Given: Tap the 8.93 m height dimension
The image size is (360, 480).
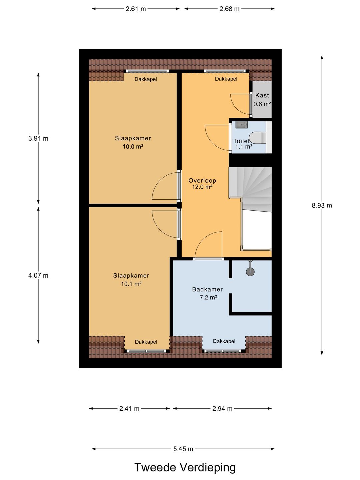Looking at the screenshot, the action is [322, 205].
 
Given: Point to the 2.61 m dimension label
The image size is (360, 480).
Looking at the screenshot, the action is [136, 9].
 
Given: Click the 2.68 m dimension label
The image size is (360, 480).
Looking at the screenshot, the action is [229, 9].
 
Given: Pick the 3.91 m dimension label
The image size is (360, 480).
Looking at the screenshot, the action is [38, 138].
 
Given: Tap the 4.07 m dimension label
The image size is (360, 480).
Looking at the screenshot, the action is [38, 275].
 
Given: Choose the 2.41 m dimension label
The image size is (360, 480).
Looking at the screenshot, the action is [129, 408].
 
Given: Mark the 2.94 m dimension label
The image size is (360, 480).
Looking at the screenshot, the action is [222, 408].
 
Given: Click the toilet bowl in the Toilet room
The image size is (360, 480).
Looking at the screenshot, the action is [258, 138].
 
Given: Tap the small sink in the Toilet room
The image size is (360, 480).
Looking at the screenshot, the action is [241, 125].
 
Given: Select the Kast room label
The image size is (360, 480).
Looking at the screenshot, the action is [262, 95].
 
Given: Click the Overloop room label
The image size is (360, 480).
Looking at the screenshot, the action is [202, 180].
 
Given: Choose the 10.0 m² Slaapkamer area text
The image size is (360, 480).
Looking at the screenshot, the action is [133, 147].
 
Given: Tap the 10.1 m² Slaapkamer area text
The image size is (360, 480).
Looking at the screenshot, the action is [131, 284].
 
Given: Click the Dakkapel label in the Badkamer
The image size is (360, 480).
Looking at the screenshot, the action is [224, 341].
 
